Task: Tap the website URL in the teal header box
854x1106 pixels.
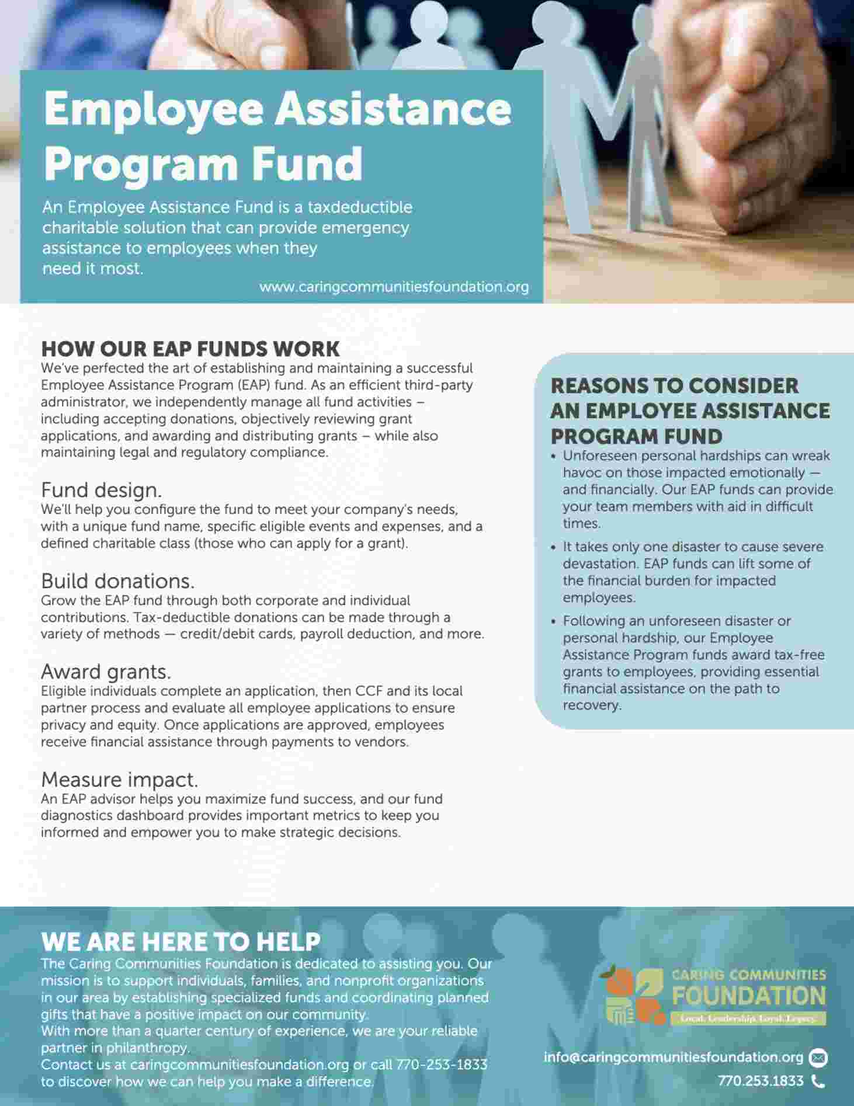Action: click(x=394, y=287)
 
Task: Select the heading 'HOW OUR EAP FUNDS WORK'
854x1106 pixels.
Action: click(x=190, y=349)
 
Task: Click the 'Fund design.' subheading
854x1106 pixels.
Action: click(x=101, y=489)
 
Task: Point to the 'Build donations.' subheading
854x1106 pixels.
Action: click(x=117, y=581)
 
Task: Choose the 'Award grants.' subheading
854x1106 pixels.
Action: click(x=106, y=672)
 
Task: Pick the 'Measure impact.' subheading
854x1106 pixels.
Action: click(x=119, y=780)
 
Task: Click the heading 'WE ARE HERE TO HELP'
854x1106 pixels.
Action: click(x=181, y=942)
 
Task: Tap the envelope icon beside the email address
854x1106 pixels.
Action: click(x=818, y=1058)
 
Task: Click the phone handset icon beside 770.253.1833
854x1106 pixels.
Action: click(x=818, y=1081)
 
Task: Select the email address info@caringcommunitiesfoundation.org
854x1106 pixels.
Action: click(x=674, y=1058)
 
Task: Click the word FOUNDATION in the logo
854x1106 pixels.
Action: click(x=749, y=996)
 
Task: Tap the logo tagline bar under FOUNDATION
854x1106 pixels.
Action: click(x=749, y=1019)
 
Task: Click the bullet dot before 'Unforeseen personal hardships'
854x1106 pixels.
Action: click(x=554, y=457)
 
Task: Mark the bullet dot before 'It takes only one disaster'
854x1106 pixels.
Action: click(x=554, y=548)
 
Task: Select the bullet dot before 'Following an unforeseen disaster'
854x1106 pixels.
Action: click(x=554, y=622)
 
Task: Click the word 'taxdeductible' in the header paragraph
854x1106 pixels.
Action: click(x=360, y=207)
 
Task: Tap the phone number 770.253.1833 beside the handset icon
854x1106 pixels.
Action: click(x=761, y=1081)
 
